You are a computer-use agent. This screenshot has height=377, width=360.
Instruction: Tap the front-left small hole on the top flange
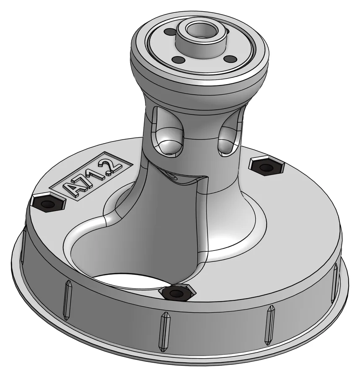[178, 59]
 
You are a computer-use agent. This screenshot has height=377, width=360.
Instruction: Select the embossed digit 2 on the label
[111, 165]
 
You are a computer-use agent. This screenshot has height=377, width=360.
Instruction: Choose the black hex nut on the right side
[267, 167]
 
